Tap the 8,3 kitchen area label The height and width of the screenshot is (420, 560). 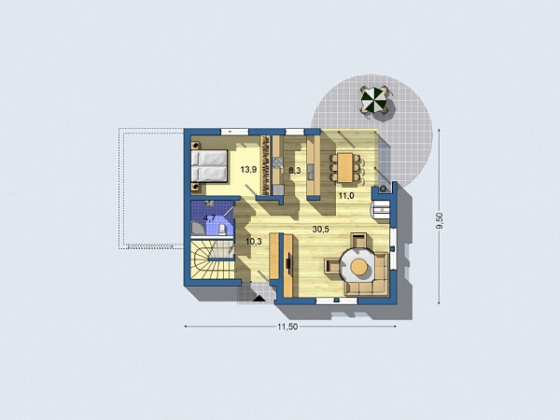pyautogui.click(x=294, y=171)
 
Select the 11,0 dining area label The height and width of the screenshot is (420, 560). pyautogui.click(x=346, y=195)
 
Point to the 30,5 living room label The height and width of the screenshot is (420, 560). pyautogui.click(x=322, y=229)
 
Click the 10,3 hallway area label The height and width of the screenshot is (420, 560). pyautogui.click(x=253, y=241)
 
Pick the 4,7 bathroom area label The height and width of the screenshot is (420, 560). pyautogui.click(x=210, y=218)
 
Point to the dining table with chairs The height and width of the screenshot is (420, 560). pyautogui.click(x=346, y=166)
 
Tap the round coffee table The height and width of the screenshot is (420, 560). pyautogui.click(x=359, y=267)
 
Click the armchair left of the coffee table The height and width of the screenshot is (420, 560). pyautogui.click(x=333, y=266)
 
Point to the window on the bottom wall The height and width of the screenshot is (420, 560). pyautogui.click(x=329, y=301)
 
